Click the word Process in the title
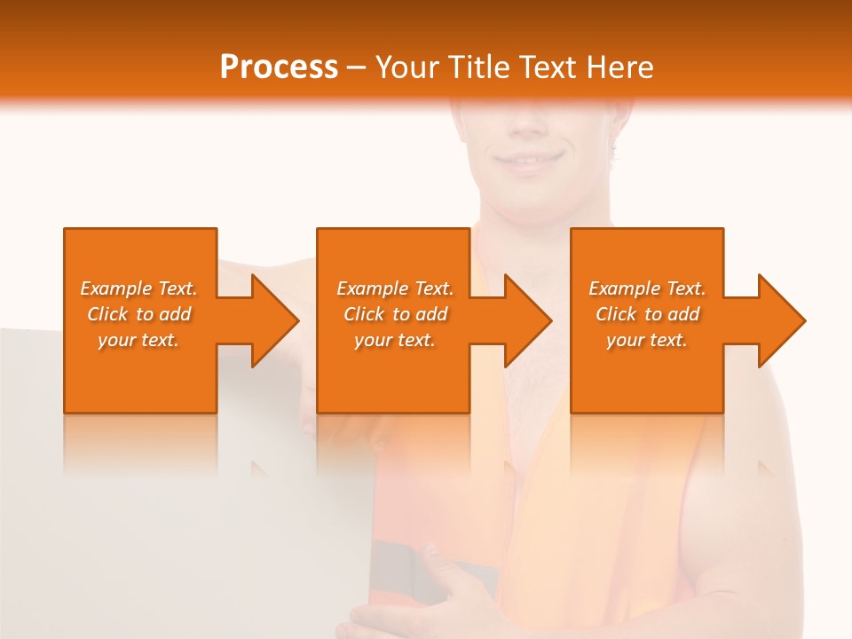click(x=279, y=67)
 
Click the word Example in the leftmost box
click(x=116, y=288)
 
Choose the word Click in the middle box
click(x=364, y=314)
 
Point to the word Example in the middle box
click(x=373, y=288)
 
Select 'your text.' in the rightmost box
click(x=647, y=340)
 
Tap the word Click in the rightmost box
click(x=616, y=314)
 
